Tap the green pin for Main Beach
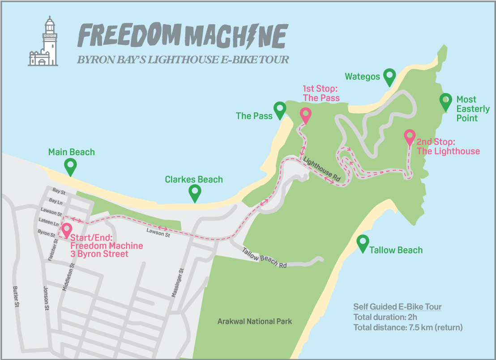click(70, 166)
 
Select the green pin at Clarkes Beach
click(195, 193)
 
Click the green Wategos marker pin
click(390, 77)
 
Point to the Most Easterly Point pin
click(445, 102)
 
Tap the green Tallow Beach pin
click(362, 243)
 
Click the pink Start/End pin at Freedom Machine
click(67, 230)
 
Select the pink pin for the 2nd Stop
click(409, 137)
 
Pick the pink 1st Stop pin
click(305, 115)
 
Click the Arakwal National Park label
click(255, 321)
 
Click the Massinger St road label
click(177, 283)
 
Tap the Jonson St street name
click(47, 298)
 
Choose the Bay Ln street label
click(56, 202)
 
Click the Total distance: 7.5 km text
click(408, 327)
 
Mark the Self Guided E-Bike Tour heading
click(397, 307)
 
